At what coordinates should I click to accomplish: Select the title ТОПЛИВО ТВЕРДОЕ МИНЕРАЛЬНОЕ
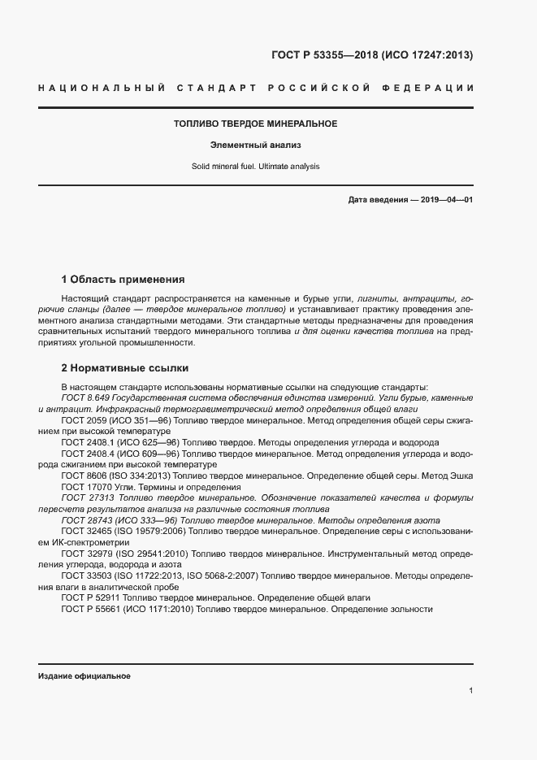tap(255, 124)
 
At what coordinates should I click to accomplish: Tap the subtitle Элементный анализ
tap(255, 145)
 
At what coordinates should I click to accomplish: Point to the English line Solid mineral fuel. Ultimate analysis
tap(255, 167)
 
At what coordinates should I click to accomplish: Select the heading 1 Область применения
tap(123, 279)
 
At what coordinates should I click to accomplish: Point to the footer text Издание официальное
tap(84, 676)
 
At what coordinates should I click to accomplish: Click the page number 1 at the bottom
tap(471, 691)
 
